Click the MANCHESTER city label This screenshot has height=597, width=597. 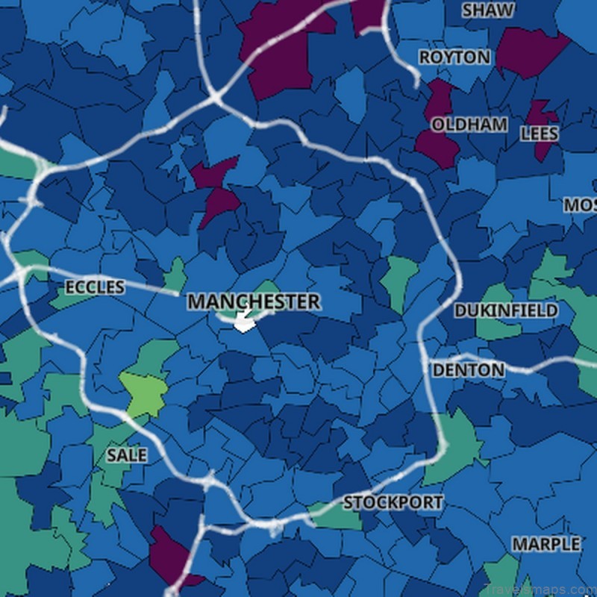(254, 301)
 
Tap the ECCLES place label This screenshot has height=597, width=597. (95, 287)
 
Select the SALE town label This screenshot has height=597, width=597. (126, 454)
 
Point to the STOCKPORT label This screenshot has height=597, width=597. (393, 502)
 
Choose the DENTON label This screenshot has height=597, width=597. (469, 369)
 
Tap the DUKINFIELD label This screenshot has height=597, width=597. (506, 310)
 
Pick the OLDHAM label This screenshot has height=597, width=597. (469, 125)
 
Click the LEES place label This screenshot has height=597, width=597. (539, 133)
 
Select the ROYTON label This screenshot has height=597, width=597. (454, 57)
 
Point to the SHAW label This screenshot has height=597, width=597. (487, 10)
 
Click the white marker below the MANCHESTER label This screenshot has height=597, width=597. (244, 322)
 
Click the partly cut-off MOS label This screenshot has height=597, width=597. (581, 204)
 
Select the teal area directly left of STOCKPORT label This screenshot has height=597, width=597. (328, 513)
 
